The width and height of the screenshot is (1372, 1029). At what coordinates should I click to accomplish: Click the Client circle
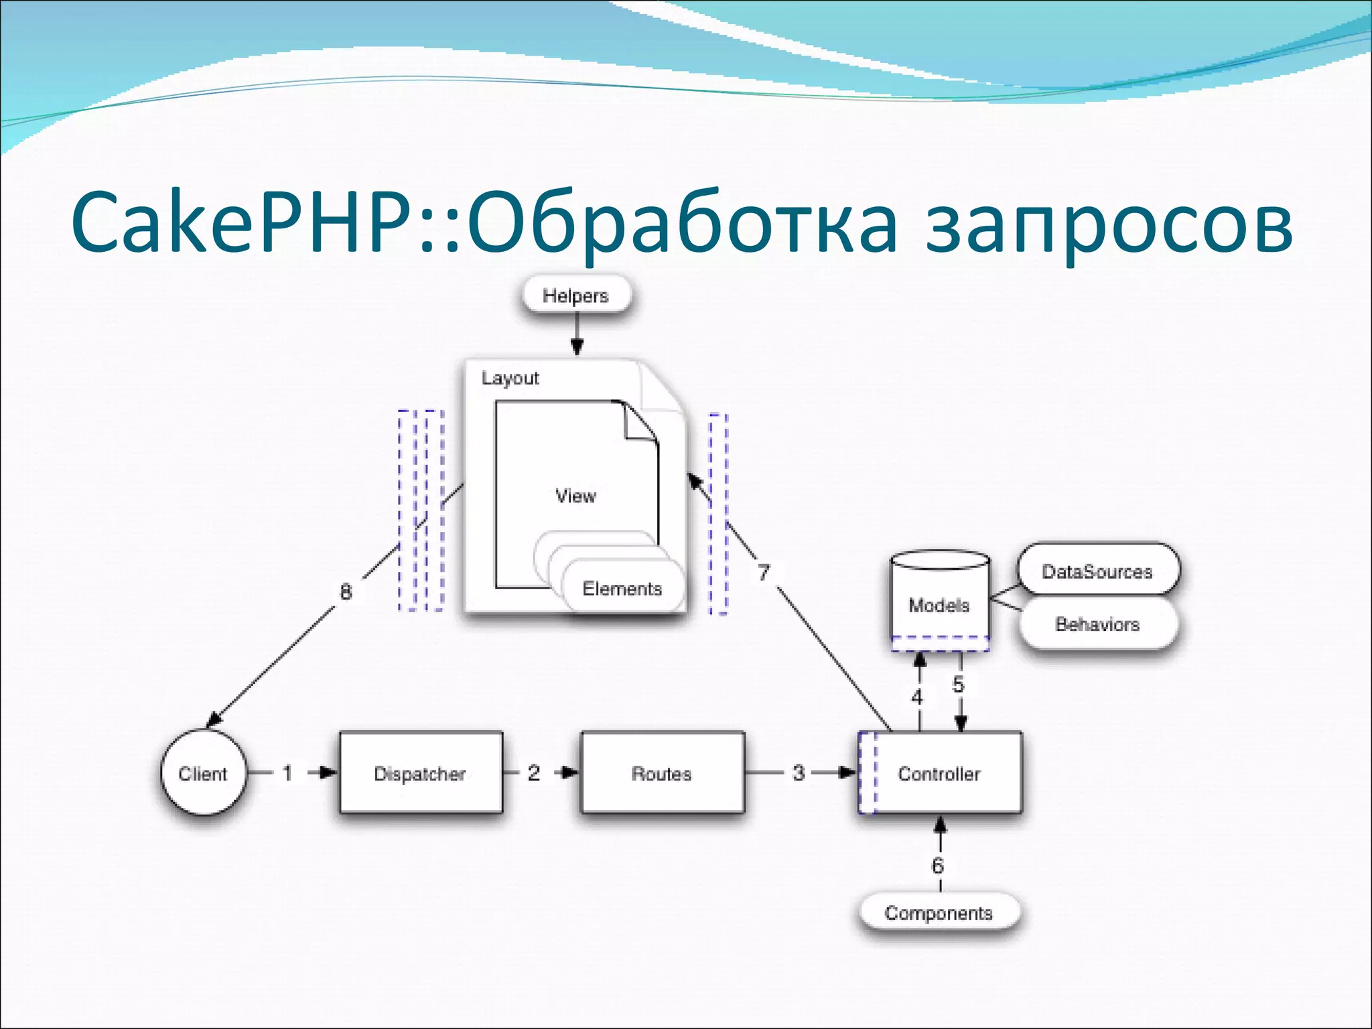(203, 773)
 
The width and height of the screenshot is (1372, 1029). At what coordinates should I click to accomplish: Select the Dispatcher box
(420, 773)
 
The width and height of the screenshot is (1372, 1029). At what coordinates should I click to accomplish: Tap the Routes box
(662, 773)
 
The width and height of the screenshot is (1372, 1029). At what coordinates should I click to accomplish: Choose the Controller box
(940, 773)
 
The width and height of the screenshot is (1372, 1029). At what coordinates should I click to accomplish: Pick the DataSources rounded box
(1097, 571)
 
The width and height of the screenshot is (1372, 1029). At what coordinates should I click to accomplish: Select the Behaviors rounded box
(1097, 624)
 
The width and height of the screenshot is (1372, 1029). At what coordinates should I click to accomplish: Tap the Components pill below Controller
(939, 912)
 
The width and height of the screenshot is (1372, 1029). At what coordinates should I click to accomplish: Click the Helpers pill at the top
(575, 295)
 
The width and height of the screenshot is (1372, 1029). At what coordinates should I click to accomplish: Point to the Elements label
(622, 588)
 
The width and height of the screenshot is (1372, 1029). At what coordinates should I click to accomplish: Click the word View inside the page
(575, 496)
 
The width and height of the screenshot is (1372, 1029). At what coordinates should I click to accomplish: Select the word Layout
(510, 378)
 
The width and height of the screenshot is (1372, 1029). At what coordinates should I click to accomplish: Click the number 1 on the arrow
(287, 773)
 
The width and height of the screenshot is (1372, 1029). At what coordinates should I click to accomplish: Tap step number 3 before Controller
(799, 773)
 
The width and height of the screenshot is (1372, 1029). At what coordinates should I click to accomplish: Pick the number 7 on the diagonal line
(764, 573)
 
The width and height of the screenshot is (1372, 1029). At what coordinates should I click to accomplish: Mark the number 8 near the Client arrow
(346, 592)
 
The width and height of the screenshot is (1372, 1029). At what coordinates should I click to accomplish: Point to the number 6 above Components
(938, 866)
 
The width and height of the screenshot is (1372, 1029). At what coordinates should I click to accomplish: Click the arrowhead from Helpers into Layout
(577, 346)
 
